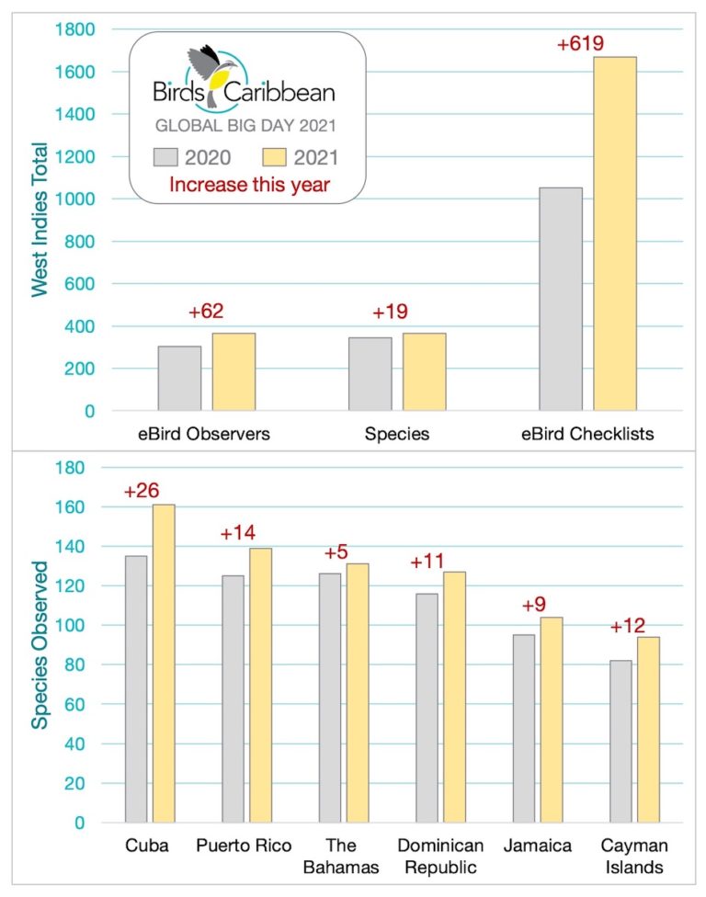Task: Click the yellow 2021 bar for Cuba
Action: (164, 663)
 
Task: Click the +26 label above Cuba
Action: (142, 492)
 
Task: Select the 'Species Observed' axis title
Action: (40, 643)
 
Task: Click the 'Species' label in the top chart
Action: (397, 434)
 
